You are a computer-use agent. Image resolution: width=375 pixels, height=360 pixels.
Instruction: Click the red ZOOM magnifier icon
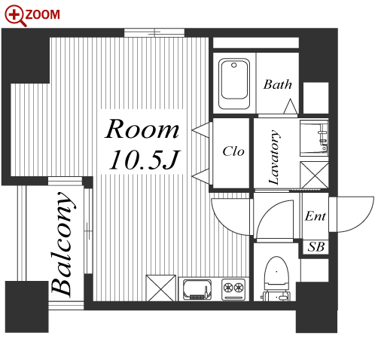pyautogui.click(x=16, y=16)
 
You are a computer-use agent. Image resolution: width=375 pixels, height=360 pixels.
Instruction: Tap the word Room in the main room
pyautogui.click(x=142, y=129)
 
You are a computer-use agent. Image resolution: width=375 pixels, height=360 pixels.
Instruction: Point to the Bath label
pyautogui.click(x=278, y=84)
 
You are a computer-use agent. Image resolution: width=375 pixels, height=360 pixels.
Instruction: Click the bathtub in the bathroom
pyautogui.click(x=234, y=84)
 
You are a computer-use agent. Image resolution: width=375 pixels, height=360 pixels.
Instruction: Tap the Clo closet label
pyautogui.click(x=233, y=151)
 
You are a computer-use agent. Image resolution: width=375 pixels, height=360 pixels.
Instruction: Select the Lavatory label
pyautogui.click(x=274, y=157)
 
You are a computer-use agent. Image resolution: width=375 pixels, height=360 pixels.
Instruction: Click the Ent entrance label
pyautogui.click(x=316, y=216)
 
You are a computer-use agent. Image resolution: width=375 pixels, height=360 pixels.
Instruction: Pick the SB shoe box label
pyautogui.click(x=316, y=247)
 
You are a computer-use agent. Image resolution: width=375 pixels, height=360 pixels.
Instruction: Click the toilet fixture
pyautogui.click(x=276, y=278)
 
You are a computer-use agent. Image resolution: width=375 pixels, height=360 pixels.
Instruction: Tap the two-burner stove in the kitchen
pyautogui.click(x=233, y=289)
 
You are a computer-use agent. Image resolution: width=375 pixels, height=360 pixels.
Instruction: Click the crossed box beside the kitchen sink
pyautogui.click(x=161, y=288)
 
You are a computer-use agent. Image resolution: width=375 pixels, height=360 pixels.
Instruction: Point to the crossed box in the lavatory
pyautogui.click(x=314, y=175)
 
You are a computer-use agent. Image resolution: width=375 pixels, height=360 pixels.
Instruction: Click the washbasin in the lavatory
pyautogui.click(x=314, y=138)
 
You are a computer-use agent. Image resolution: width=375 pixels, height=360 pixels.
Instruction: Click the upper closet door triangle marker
pyautogui.click(x=200, y=130)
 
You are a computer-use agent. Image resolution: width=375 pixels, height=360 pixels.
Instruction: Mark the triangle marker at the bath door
pyautogui.click(x=291, y=106)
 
